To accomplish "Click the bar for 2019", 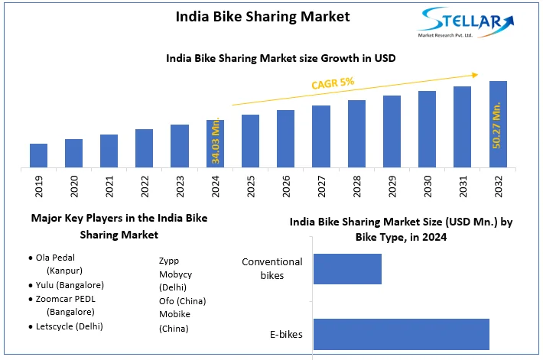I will point(38,155).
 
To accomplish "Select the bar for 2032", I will point(498,124).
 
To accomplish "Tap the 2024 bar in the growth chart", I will point(215,144).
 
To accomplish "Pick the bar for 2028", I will point(356,134).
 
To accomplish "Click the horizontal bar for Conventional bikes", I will point(347,269).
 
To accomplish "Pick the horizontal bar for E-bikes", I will point(401,334).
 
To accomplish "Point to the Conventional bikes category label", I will point(272,268).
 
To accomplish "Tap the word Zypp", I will point(170,260).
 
